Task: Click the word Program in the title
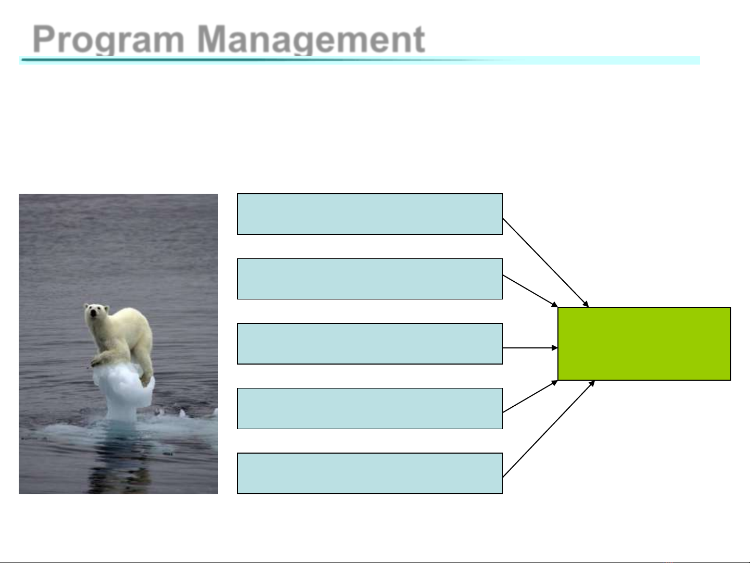[x=108, y=40]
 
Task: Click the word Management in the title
[x=311, y=40]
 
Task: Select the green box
[x=644, y=344]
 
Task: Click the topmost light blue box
[x=370, y=214]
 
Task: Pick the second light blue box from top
[x=370, y=279]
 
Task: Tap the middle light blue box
[x=370, y=344]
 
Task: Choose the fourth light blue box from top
[x=370, y=408]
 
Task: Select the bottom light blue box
[x=370, y=473]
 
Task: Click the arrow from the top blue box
[x=545, y=262]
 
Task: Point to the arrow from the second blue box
[x=530, y=291]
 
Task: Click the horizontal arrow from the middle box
[x=530, y=348]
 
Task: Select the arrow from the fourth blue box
[x=530, y=396]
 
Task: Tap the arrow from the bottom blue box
[x=549, y=429]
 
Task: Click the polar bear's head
[x=97, y=313]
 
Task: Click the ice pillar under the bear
[x=123, y=393]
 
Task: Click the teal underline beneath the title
[x=359, y=60]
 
